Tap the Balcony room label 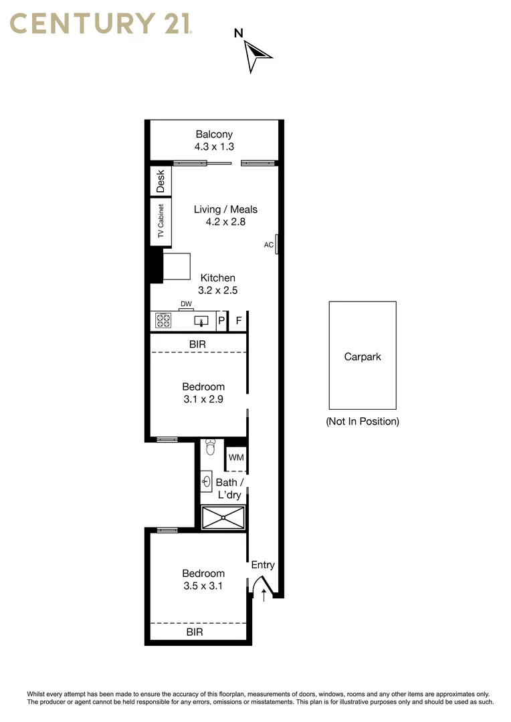[214, 134]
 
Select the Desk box [161, 181]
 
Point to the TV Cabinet [161, 221]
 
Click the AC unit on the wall [277, 245]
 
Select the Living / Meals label [225, 209]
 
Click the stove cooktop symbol [163, 322]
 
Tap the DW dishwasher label [186, 304]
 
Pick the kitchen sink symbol [201, 322]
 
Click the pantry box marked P [221, 322]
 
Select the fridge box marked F [239, 322]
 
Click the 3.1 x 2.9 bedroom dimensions [203, 399]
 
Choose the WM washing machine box [236, 458]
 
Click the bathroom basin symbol [207, 481]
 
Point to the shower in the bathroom [223, 517]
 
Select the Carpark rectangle [363, 355]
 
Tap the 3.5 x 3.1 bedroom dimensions [203, 586]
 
